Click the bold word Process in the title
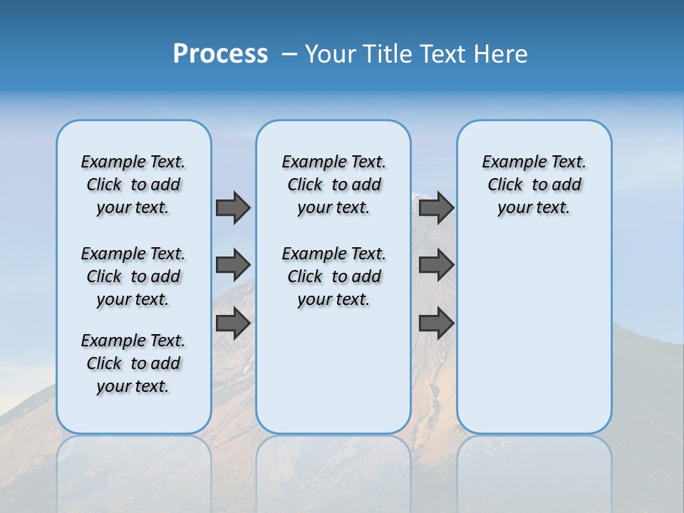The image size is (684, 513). [220, 53]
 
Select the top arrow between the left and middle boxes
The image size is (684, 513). [233, 208]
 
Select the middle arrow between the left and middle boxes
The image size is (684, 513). [233, 265]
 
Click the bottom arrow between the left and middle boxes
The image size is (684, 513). [233, 323]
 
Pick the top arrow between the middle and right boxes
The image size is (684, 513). [436, 208]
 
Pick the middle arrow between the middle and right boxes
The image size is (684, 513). [436, 265]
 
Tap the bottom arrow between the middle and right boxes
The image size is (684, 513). [436, 323]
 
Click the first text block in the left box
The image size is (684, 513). [133, 185]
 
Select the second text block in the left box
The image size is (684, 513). [133, 276]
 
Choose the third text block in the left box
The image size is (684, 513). [133, 363]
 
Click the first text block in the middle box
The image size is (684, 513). [333, 185]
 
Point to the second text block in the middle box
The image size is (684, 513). [333, 276]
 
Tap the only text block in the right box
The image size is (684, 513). [534, 185]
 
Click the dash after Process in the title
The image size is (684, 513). [289, 53]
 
